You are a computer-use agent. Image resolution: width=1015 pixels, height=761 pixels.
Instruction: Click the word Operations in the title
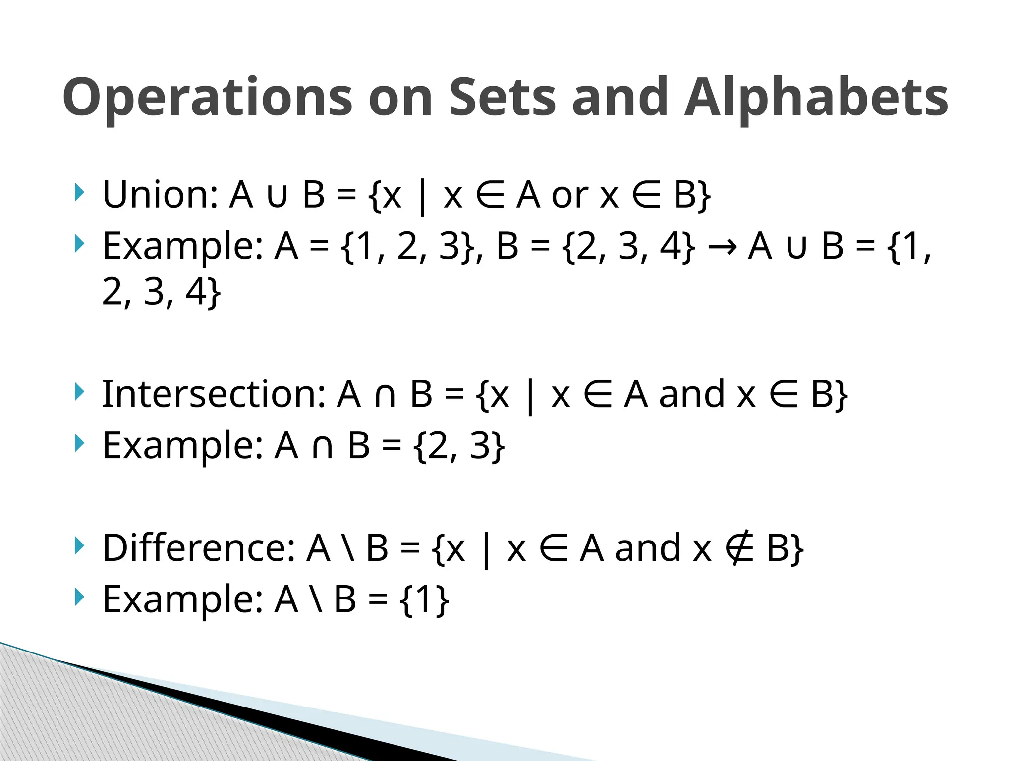207,98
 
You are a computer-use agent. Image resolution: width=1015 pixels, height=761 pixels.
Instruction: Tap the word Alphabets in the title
816,98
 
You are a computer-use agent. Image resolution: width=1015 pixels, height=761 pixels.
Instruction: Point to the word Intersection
214,394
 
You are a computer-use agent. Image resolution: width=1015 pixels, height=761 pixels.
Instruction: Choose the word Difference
198,548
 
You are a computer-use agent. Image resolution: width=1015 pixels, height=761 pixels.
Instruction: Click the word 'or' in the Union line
569,195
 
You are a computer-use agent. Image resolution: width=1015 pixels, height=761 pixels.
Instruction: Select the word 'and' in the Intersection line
692,394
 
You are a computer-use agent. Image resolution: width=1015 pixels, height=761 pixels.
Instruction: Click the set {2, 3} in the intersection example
459,446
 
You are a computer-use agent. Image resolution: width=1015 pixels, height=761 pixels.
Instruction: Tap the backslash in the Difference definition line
348,548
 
